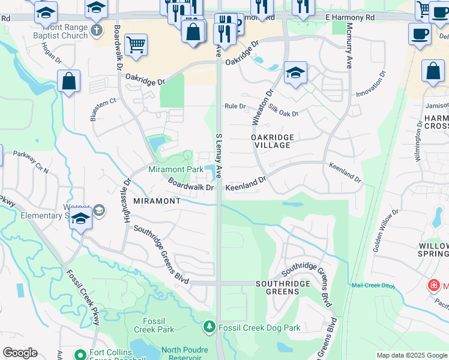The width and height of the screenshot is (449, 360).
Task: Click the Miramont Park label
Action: (176, 170)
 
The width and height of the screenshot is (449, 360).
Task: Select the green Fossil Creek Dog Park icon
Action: (209, 327)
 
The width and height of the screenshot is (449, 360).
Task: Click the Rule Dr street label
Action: (235, 106)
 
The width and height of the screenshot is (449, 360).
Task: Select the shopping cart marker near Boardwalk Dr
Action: (136, 44)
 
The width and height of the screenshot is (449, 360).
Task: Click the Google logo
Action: (20, 353)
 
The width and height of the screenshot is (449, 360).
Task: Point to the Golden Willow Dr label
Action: (385, 230)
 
